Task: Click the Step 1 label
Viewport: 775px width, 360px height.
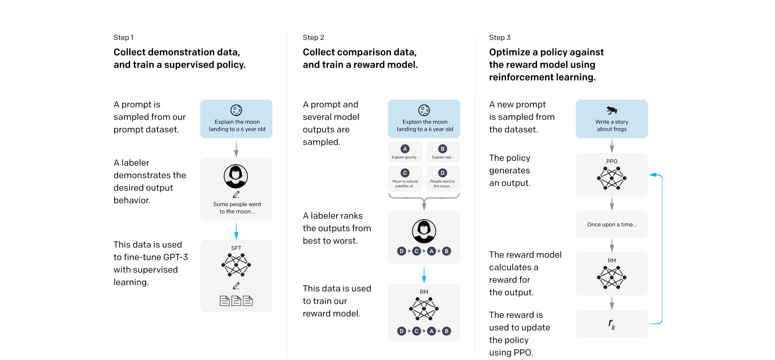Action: tap(123, 37)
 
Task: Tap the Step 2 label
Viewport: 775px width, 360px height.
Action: tap(314, 37)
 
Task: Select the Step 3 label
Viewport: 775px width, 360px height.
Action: tap(500, 37)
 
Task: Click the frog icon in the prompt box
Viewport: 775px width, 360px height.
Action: tap(612, 110)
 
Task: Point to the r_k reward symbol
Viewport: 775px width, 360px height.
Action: tap(612, 324)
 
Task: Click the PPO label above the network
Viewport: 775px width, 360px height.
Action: tap(612, 161)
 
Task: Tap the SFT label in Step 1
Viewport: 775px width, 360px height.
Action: tap(236, 248)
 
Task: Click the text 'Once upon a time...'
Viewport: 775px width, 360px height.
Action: tap(612, 224)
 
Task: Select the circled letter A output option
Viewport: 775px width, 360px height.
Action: tap(405, 149)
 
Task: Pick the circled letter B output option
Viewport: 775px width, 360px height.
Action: tap(442, 149)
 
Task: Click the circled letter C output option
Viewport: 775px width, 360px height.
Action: tap(405, 173)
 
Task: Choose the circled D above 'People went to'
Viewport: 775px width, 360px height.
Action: tap(442, 173)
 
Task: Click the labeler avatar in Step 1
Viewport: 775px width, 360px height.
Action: tap(236, 176)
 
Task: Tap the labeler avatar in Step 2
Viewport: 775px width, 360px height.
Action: tap(424, 231)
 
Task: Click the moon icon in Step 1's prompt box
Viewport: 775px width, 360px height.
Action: tap(236, 110)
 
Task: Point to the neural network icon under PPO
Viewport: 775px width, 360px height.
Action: tap(612, 178)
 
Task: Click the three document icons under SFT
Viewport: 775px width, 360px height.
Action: tap(236, 301)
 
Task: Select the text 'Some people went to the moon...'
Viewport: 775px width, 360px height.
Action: tap(237, 208)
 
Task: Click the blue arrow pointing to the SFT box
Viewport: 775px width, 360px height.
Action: tap(236, 231)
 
